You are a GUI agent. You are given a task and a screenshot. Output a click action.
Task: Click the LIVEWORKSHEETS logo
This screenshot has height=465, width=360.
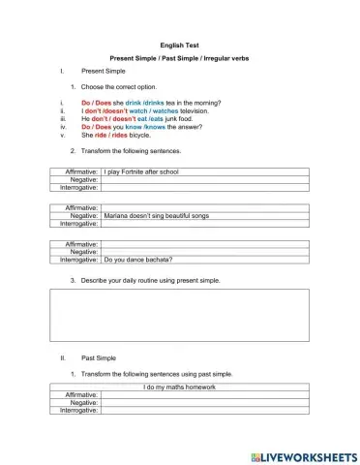[303, 455]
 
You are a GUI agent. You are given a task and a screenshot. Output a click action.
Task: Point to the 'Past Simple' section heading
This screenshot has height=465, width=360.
[99, 357]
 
